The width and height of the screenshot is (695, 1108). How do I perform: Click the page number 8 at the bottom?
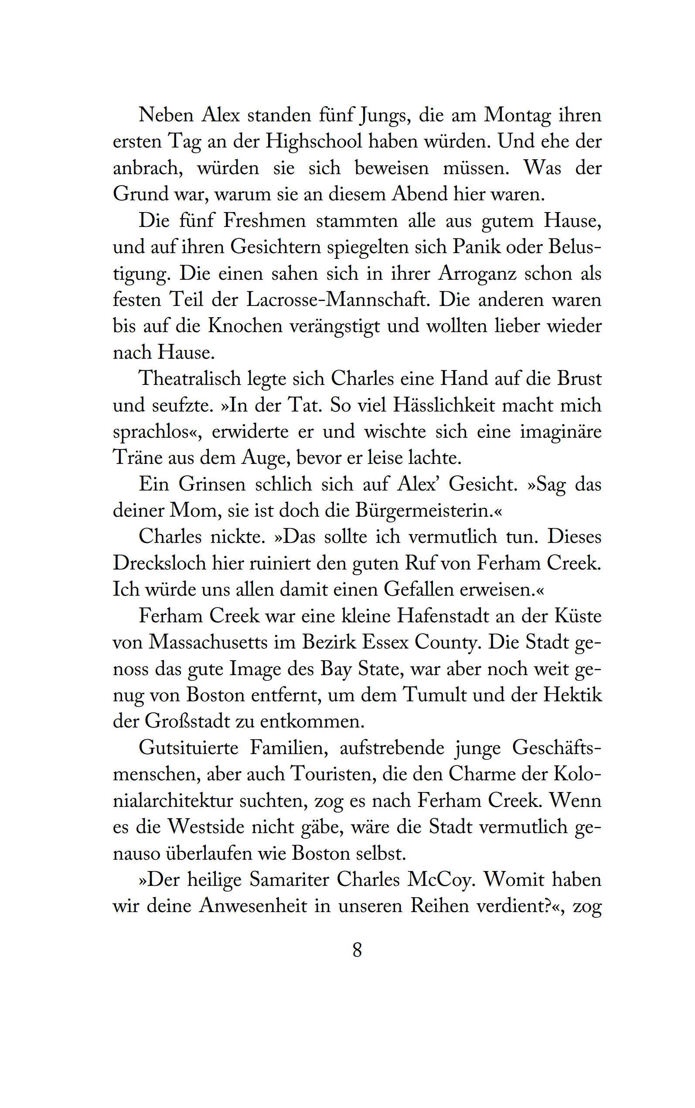[357, 950]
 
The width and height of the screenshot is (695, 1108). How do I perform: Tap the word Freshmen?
[264, 221]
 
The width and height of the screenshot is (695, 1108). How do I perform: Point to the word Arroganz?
[478, 274]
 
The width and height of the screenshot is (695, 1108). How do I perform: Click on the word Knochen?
[245, 326]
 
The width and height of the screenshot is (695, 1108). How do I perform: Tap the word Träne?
[136, 458]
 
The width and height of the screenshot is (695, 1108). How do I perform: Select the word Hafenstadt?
[443, 616]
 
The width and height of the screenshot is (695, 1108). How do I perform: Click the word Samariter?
[289, 880]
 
